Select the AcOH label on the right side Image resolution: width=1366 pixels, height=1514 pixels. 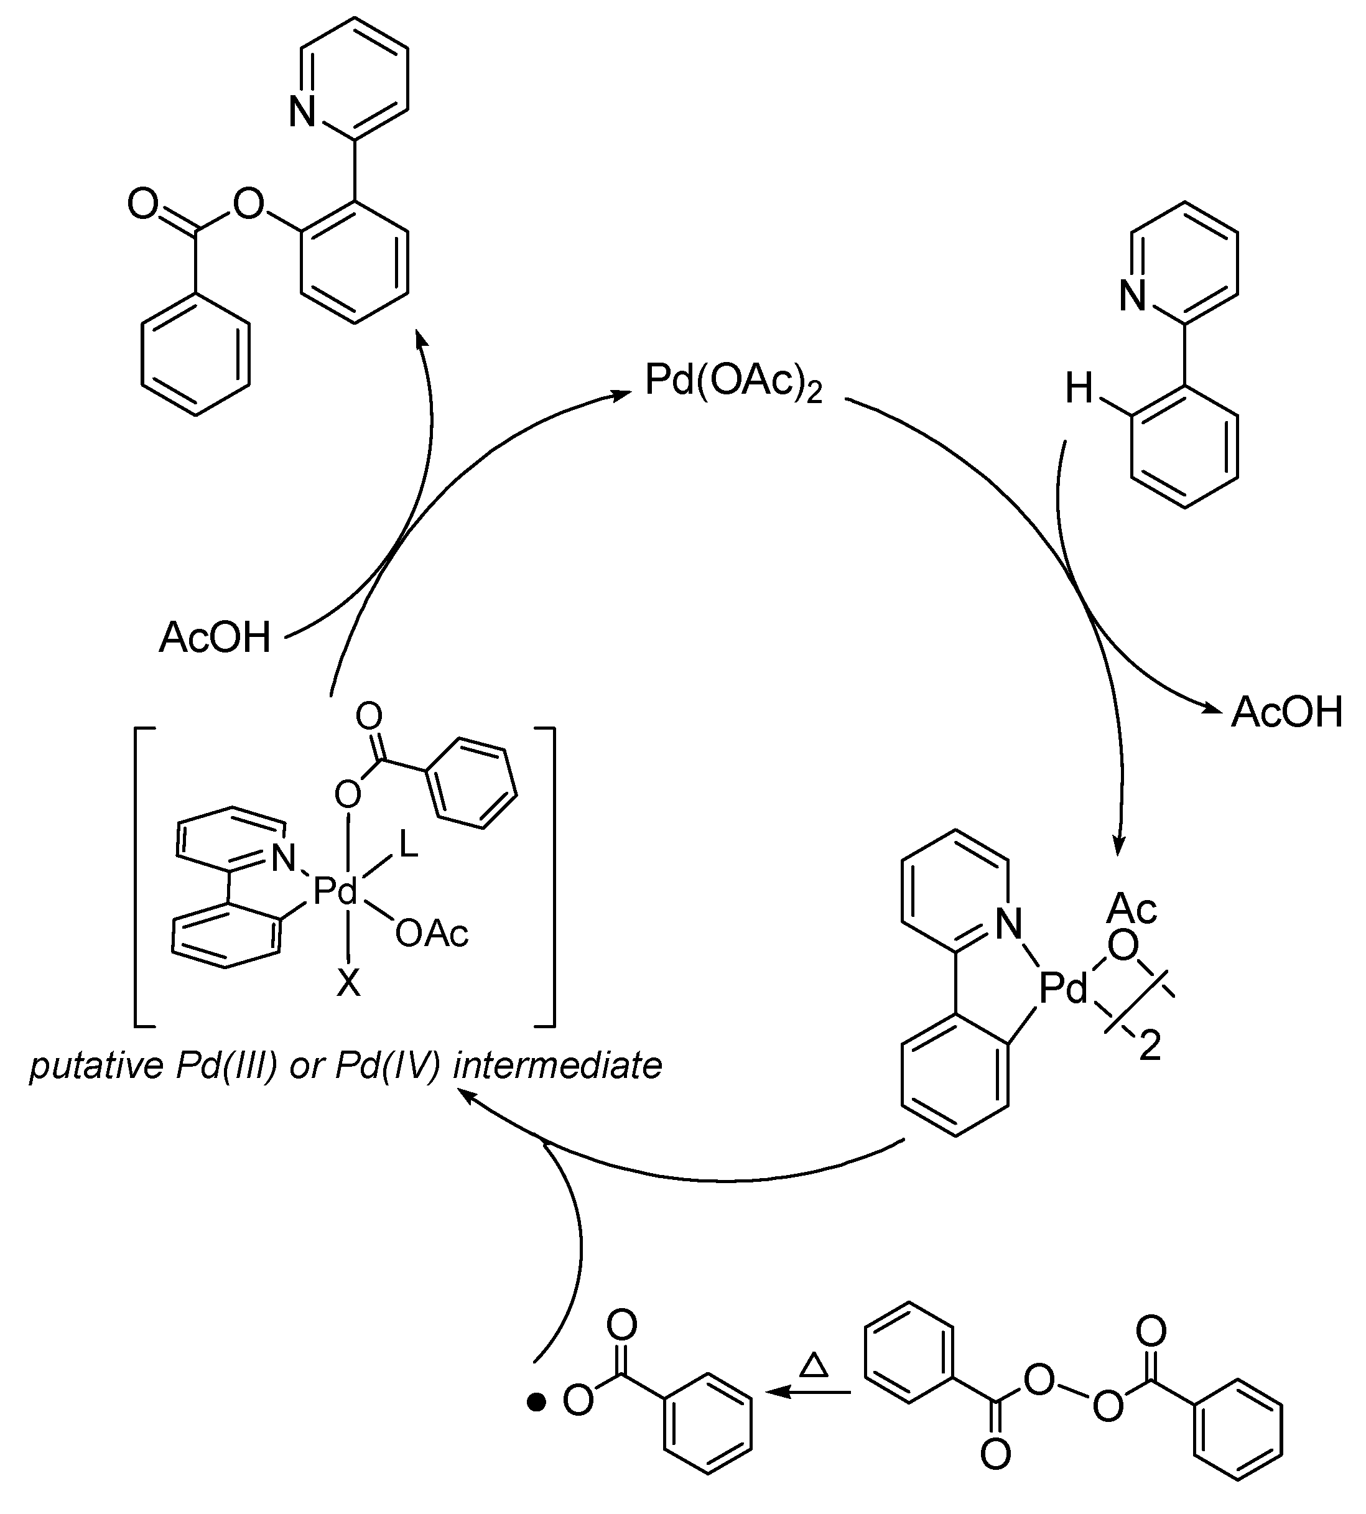tap(1286, 712)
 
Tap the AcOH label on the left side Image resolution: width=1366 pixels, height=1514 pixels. tap(215, 638)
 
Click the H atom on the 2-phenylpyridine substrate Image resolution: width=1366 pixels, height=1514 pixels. tap(1079, 389)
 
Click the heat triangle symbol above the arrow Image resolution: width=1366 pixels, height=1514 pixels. tap(814, 1365)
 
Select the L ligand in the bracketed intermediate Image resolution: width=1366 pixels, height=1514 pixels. tap(408, 847)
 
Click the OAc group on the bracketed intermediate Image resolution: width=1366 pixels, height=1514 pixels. tap(432, 934)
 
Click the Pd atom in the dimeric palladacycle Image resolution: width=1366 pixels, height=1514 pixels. tap(1064, 989)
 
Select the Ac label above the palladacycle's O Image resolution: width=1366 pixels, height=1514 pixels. tap(1132, 908)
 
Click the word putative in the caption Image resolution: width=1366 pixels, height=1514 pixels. tap(96, 1066)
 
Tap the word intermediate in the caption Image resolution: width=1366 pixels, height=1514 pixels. tap(557, 1066)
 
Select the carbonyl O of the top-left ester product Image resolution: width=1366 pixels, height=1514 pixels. tap(142, 204)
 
